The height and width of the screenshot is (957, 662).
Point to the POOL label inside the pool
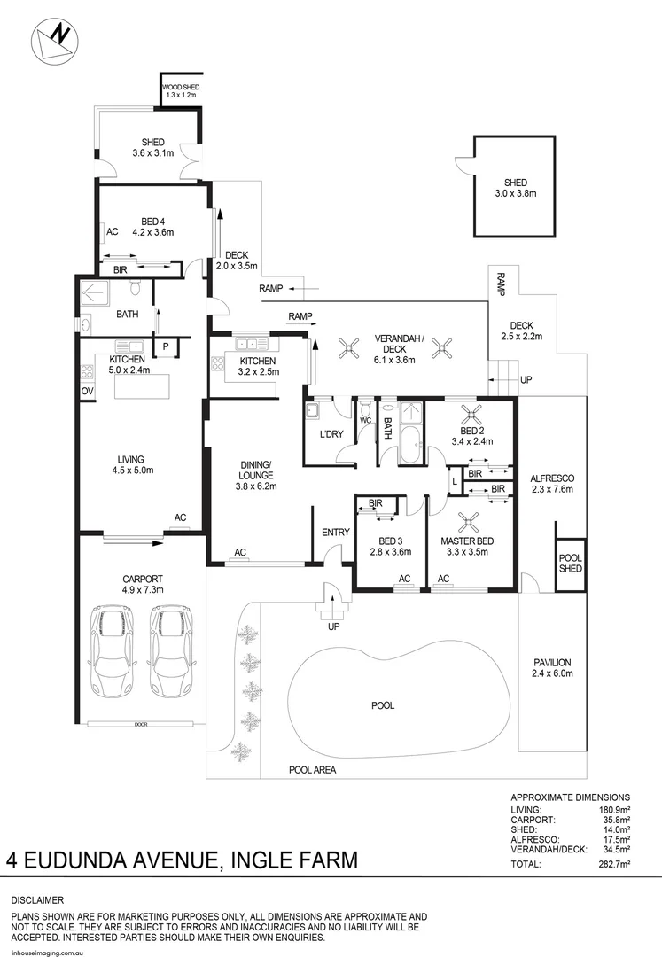[383, 705]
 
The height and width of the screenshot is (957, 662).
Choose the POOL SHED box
[570, 563]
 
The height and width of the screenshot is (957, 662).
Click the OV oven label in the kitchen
[87, 391]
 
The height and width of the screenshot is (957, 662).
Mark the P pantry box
[164, 346]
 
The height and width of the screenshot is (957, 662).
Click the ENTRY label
[336, 532]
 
